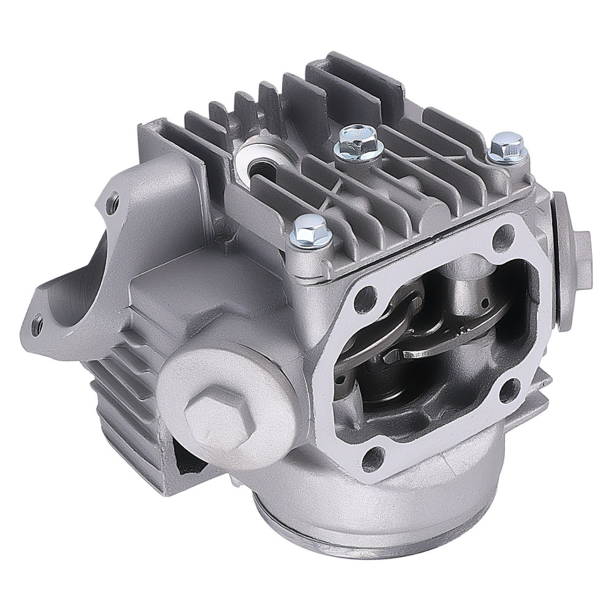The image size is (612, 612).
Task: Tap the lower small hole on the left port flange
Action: pyautogui.click(x=41, y=318)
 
